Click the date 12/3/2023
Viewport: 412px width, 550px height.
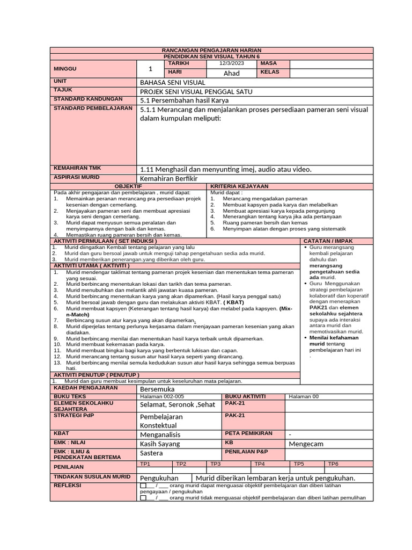click(231, 63)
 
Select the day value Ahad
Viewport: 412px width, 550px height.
click(231, 73)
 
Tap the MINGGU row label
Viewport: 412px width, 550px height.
click(65, 69)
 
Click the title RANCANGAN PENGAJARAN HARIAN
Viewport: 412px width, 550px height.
click(211, 50)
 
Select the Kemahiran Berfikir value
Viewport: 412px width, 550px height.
click(168, 178)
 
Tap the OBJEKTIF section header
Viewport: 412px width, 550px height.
click(128, 186)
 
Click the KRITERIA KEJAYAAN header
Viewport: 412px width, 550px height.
click(232, 186)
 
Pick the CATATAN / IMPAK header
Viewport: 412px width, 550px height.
click(328, 241)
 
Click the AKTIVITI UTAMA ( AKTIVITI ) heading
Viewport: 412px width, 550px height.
click(91, 265)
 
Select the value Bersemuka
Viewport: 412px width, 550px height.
click(157, 388)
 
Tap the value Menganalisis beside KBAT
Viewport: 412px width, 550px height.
click(160, 435)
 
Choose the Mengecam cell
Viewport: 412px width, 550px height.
click(306, 444)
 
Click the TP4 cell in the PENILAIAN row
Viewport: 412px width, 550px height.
click(259, 464)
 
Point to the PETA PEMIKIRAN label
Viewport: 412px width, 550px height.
click(249, 433)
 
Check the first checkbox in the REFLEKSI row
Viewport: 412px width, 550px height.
click(143, 485)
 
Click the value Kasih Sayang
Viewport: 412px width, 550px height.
click(160, 444)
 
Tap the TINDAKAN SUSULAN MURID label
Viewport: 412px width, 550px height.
click(92, 476)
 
